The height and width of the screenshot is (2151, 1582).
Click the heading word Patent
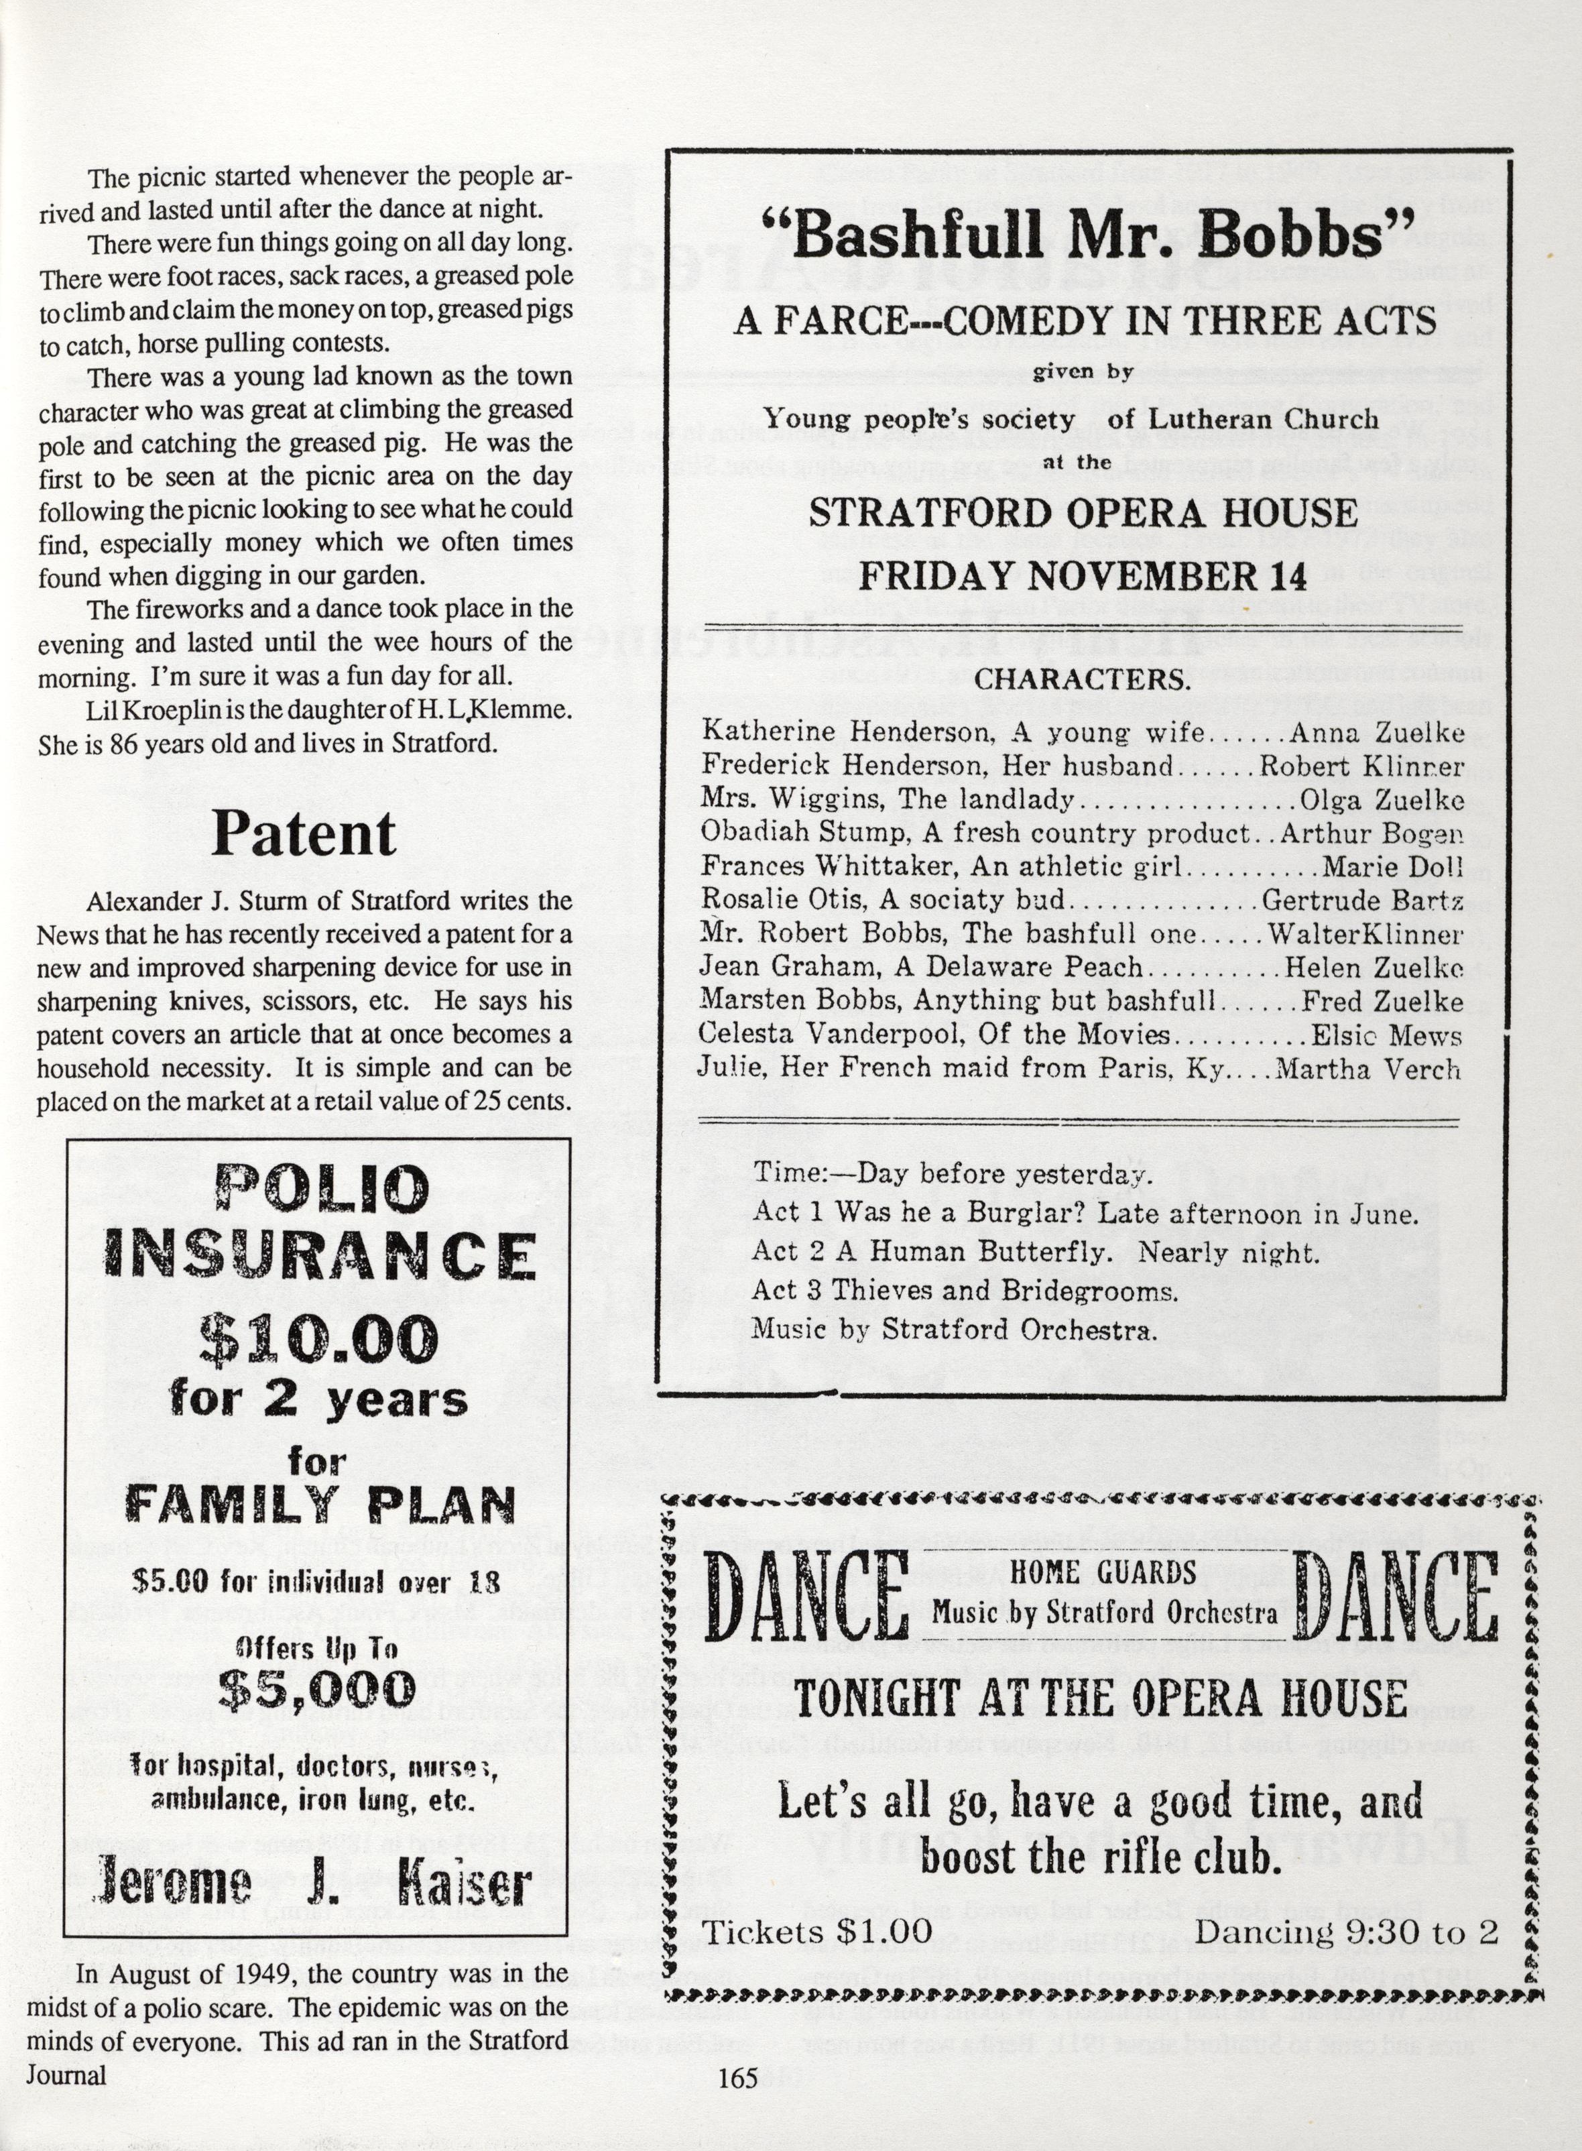pyautogui.click(x=304, y=834)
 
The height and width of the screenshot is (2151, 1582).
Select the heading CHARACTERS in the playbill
pyautogui.click(x=1082, y=679)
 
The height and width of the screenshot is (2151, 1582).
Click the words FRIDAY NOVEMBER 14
pyautogui.click(x=1082, y=575)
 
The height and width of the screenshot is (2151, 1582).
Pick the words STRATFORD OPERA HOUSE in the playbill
pyautogui.click(x=1082, y=514)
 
